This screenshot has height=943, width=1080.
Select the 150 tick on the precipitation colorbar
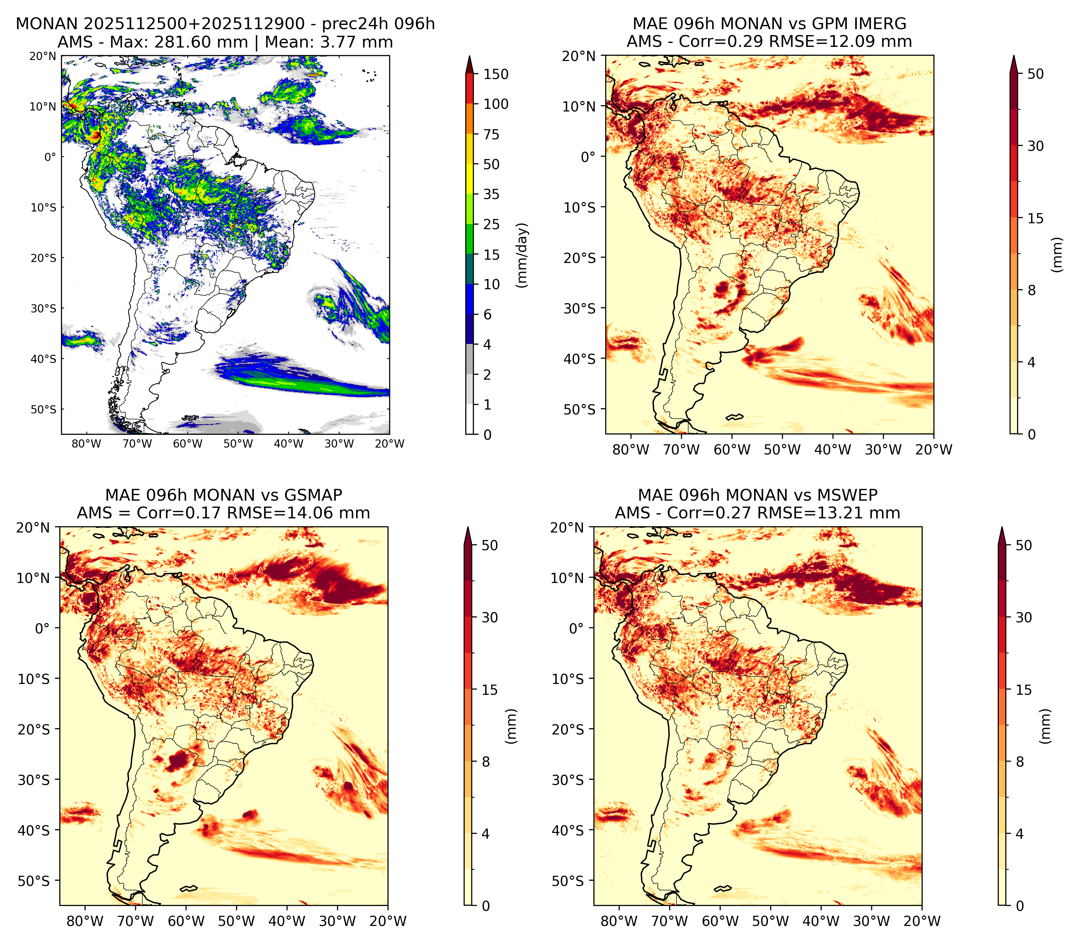496,74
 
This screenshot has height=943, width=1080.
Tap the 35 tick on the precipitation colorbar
491,194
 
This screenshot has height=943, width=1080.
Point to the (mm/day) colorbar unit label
522,255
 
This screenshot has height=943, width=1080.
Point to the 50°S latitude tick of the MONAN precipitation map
43,410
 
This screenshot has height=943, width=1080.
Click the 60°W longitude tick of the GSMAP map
186,921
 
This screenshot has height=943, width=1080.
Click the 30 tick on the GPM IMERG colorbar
1035,146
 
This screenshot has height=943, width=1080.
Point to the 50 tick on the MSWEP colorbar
1024,545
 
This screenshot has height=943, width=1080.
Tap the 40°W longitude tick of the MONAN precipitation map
288,444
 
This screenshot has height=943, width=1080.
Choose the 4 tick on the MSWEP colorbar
1019,833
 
